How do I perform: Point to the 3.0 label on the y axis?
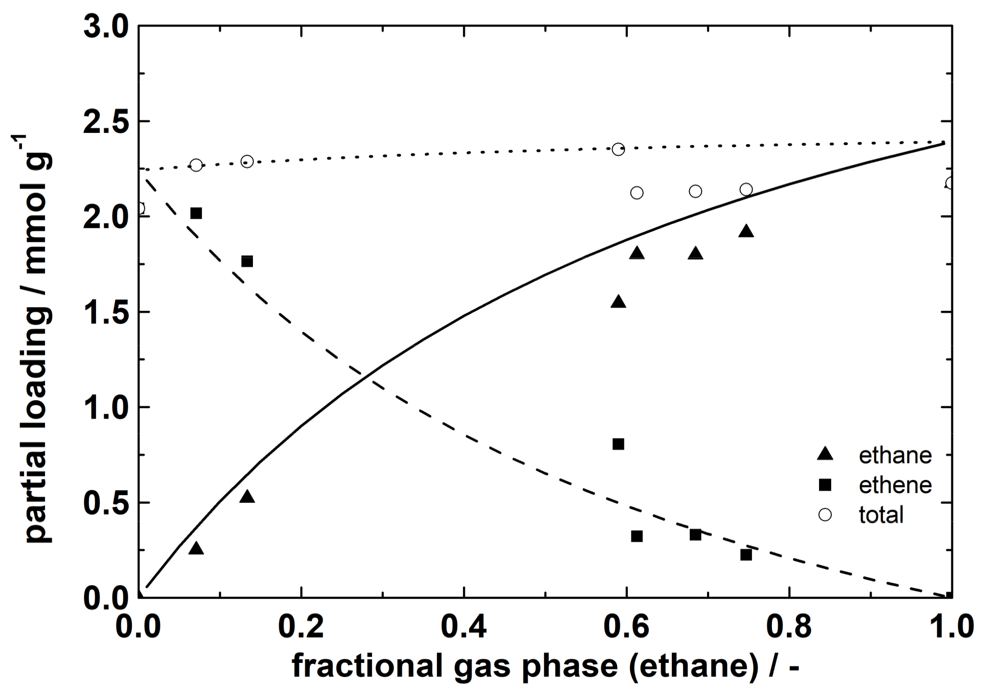106,27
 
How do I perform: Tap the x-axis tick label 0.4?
463,627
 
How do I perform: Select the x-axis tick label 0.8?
788,627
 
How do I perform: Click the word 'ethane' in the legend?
895,455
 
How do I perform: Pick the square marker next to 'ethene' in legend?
825,484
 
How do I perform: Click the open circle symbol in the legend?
825,514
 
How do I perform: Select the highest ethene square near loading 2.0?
196,213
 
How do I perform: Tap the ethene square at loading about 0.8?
618,444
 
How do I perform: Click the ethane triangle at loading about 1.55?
618,302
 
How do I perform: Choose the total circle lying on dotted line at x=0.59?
618,149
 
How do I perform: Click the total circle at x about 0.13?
247,161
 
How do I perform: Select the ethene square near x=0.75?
746,555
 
